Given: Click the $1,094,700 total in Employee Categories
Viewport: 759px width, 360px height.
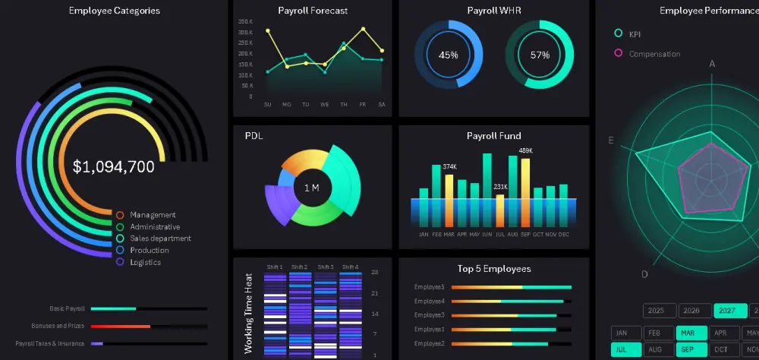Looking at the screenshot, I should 114,167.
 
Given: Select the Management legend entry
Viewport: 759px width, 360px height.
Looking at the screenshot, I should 153,215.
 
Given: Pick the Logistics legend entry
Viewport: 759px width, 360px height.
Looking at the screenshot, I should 145,262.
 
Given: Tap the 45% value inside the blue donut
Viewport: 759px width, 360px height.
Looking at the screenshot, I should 448,55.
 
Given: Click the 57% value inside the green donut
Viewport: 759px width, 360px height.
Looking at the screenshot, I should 540,55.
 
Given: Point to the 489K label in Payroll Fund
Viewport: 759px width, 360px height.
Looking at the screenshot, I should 525,150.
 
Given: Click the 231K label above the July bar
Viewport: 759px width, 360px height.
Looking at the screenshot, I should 500,187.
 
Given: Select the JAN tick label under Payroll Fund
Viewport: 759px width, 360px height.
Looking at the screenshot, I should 424,235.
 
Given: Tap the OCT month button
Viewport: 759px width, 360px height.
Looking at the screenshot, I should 722,350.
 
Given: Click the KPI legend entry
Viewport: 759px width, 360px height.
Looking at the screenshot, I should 635,33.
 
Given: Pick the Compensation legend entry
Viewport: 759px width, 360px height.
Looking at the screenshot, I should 654,54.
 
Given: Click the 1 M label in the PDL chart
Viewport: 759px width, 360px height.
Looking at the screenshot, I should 311,188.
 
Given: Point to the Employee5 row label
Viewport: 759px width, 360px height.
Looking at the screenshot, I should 430,287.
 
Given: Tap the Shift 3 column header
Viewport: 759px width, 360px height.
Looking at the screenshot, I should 325,267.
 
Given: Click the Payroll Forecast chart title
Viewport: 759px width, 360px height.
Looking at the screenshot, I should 313,11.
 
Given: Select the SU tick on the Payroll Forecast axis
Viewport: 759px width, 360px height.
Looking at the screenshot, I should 268,105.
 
